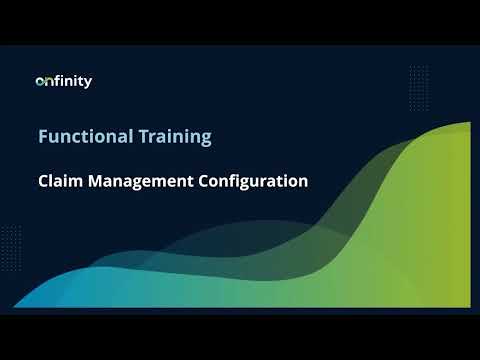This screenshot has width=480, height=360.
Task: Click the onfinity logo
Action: point(63,81)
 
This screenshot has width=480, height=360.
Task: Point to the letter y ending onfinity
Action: point(88,83)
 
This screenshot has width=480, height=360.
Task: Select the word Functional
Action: point(82,137)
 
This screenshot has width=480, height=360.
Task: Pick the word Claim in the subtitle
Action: point(58,182)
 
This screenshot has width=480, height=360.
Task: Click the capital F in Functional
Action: point(43,137)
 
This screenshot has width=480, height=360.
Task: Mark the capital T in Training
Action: point(137,137)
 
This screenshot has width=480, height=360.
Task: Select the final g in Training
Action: point(206,139)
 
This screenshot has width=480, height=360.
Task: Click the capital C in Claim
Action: point(43,182)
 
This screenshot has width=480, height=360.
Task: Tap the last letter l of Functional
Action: point(125,137)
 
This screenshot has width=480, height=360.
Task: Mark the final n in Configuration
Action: point(302,183)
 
